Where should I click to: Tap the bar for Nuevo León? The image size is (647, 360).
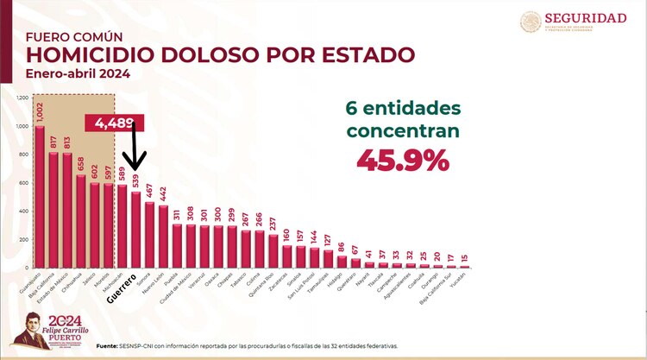click(163, 237)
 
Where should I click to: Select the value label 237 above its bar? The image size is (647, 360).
click(273, 223)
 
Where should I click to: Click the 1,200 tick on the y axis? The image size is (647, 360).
click(22, 98)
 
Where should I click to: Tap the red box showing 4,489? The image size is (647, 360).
click(109, 123)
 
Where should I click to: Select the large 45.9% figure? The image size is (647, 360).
click(399, 160)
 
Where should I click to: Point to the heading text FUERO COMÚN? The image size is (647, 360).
click(73, 37)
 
